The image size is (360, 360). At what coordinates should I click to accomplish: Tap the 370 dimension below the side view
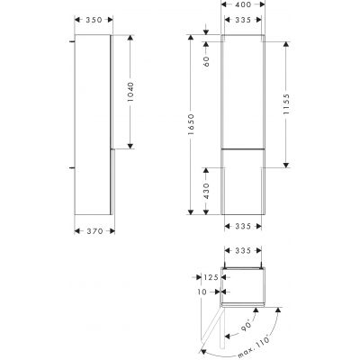(x=92, y=231)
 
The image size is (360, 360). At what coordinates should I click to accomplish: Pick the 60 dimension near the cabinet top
(x=205, y=62)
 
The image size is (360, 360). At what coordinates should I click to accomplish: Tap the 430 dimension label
(x=205, y=190)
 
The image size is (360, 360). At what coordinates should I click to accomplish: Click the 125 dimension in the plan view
(x=211, y=279)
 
